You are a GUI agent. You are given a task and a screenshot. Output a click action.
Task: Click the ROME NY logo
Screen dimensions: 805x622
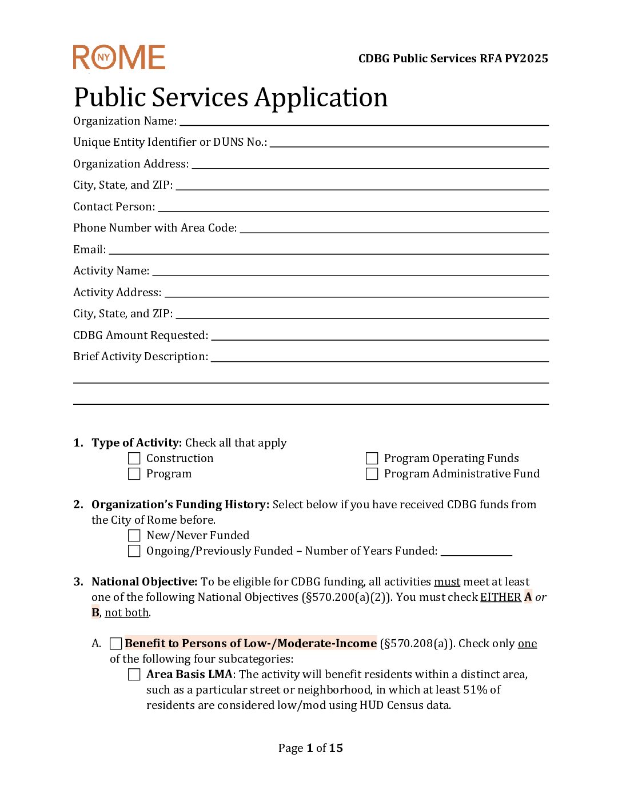[x=119, y=58]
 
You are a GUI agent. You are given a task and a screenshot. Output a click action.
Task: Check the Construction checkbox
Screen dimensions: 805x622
[x=134, y=459]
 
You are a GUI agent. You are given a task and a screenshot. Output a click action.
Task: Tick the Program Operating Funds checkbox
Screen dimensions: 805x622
[x=372, y=459]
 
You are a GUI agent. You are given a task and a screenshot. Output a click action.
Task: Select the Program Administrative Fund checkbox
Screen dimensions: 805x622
[x=372, y=474]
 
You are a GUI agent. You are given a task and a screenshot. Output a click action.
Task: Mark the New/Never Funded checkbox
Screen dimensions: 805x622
[x=134, y=536]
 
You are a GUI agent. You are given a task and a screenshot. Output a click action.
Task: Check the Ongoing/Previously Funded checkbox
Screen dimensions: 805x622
[x=134, y=551]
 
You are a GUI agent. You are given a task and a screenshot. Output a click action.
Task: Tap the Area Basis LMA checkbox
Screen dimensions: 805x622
[x=134, y=675]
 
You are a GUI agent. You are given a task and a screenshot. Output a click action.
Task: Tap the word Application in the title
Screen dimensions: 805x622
[x=321, y=98]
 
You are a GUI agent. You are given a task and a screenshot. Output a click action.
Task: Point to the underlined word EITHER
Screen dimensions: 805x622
[x=500, y=597]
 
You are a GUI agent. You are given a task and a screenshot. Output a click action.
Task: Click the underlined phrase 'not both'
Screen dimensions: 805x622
[x=126, y=613]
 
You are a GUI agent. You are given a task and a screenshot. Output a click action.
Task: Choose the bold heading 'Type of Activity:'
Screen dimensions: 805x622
[x=137, y=443]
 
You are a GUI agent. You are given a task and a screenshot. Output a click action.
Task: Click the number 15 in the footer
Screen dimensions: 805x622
[x=336, y=748]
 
